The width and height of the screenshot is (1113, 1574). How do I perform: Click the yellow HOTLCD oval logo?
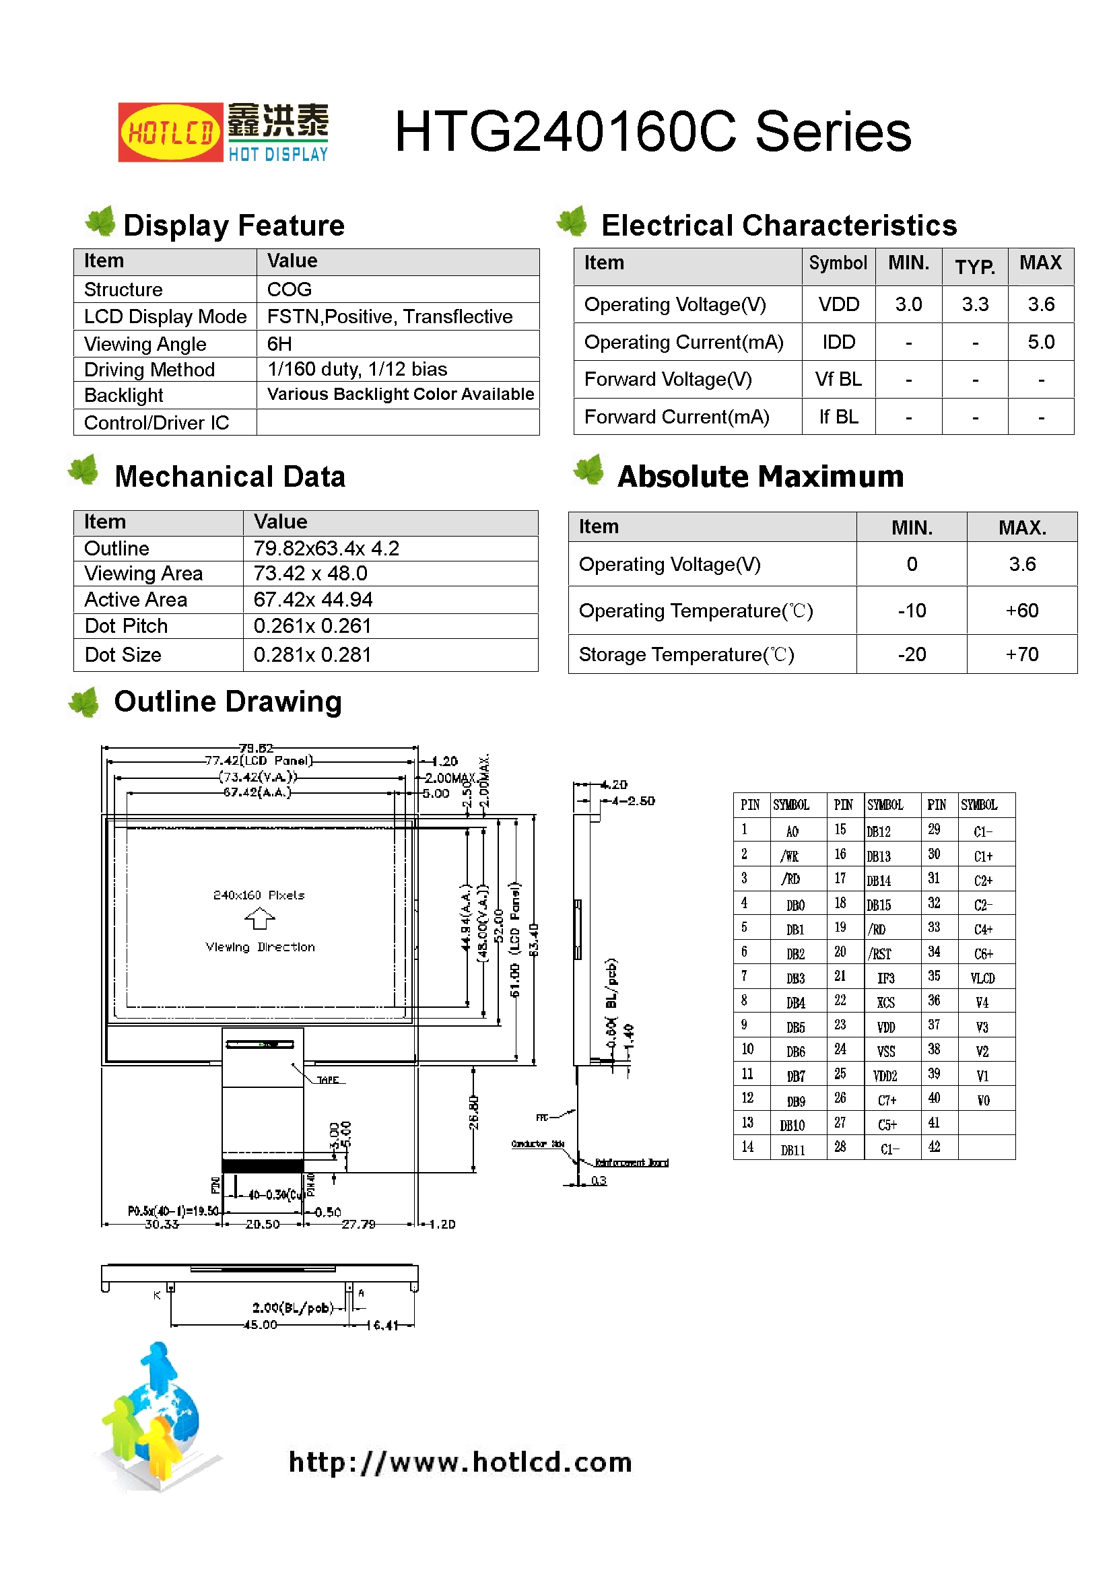pos(170,133)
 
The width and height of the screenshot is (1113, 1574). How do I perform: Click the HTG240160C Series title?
pos(652,132)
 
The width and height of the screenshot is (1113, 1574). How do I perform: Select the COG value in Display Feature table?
pos(290,289)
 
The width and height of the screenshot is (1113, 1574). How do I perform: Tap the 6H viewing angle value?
pos(279,343)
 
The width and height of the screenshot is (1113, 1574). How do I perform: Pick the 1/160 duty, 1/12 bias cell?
pos(357,370)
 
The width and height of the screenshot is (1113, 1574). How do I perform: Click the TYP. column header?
pos(974,266)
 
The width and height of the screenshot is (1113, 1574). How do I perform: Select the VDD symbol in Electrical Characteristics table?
pos(838,304)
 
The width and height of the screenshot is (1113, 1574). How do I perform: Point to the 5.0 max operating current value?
pos(1040,342)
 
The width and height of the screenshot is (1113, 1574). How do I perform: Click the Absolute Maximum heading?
pos(760,477)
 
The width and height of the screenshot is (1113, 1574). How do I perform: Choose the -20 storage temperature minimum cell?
pos(912,654)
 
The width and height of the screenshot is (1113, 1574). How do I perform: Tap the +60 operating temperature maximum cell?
pos(1021,611)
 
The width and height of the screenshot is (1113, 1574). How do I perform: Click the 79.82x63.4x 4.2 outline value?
pos(326,549)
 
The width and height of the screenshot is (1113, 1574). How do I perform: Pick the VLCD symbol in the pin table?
pos(982,978)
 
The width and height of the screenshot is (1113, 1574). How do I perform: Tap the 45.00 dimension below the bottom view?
pos(261,1325)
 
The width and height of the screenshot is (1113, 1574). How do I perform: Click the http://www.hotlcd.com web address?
pos(460,1462)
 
